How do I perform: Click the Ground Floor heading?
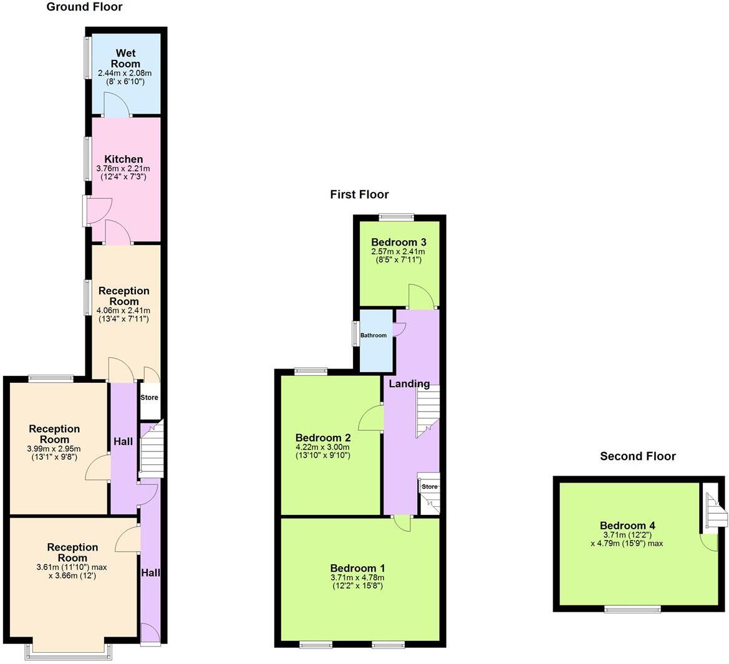(85, 7)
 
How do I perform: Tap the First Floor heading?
(359, 195)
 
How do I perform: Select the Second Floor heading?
(637, 456)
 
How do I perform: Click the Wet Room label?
(125, 59)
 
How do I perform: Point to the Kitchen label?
(123, 160)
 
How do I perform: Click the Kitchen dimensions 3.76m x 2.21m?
(123, 168)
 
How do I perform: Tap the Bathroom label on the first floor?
(374, 335)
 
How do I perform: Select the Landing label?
(409, 384)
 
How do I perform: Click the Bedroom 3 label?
(398, 242)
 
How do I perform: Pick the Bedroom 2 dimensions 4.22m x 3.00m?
(322, 447)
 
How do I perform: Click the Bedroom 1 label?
(357, 568)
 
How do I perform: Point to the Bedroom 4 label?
(627, 526)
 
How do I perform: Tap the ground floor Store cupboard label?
(149, 397)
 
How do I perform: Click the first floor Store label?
(430, 486)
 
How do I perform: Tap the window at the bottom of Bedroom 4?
(632, 609)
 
